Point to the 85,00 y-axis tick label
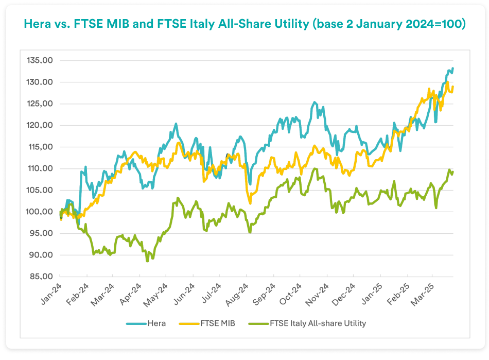41,277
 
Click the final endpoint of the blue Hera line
452,68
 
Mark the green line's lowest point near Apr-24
147,261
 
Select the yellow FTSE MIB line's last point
452,87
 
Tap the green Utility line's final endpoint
452,172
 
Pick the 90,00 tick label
41,255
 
